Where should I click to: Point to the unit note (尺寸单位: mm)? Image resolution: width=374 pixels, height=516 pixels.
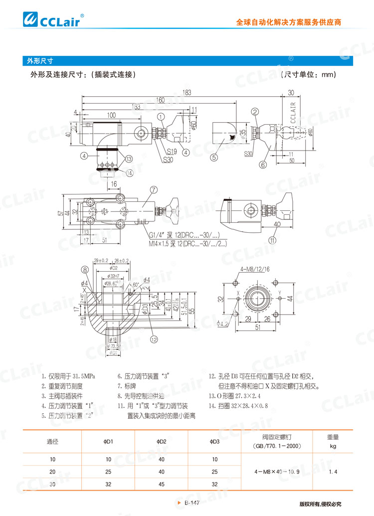pyautogui.click(x=308, y=75)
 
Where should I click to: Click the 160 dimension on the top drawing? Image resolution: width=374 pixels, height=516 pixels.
pyautogui.click(x=160, y=100)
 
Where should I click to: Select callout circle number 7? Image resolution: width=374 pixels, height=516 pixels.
pyautogui.click(x=154, y=189)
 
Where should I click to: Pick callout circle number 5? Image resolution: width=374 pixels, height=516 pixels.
pyautogui.click(x=215, y=158)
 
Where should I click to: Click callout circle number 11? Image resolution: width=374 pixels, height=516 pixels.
pyautogui.click(x=272, y=240)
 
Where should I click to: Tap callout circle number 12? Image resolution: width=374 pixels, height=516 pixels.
pyautogui.click(x=154, y=339)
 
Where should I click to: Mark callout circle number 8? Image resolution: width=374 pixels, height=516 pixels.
pyautogui.click(x=85, y=270)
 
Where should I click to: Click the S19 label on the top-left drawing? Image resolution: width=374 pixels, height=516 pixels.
pyautogui.click(x=173, y=151)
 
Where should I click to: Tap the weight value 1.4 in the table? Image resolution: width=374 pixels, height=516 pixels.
pyautogui.click(x=333, y=471)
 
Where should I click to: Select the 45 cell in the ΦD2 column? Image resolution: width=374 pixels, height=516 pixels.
pyautogui.click(x=161, y=484)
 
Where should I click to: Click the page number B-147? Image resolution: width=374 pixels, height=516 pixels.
pyautogui.click(x=192, y=504)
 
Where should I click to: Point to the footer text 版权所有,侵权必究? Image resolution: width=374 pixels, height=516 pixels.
pyautogui.click(x=320, y=504)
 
